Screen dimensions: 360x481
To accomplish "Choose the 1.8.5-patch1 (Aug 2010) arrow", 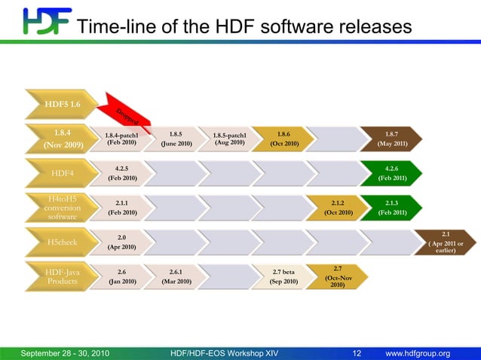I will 230,139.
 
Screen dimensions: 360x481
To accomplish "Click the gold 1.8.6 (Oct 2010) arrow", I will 283,139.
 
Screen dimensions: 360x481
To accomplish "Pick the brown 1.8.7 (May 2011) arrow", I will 391,139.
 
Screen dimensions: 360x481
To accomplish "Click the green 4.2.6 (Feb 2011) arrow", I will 391,173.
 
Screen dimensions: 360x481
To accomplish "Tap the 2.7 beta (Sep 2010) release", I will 283,276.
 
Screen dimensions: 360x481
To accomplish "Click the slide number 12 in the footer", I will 357,353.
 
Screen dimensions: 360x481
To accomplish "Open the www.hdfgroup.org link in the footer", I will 417,353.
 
